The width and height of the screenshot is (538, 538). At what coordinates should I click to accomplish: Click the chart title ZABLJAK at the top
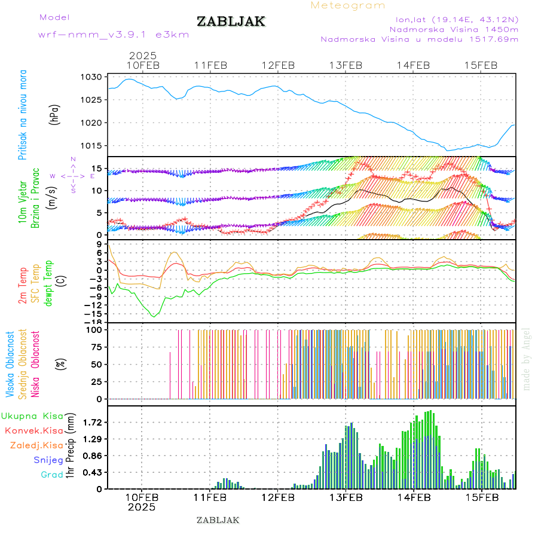pos(231,22)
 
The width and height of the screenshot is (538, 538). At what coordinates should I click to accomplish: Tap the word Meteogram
pos(348,5)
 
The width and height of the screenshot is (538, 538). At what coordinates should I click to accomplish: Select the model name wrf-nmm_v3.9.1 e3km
pos(114,35)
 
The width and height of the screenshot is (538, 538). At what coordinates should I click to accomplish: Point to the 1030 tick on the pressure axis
pos(91,77)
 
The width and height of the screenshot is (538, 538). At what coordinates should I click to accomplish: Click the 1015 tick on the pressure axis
pos(91,145)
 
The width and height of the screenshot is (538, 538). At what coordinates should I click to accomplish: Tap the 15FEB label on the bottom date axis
pos(481,496)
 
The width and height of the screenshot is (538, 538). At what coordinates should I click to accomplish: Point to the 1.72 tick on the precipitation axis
pos(93,422)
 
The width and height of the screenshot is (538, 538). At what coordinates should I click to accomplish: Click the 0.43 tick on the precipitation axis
pos(93,472)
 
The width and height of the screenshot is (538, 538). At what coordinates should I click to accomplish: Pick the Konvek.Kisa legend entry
pos(33,430)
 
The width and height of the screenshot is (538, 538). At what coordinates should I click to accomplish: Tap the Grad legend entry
pos(52,475)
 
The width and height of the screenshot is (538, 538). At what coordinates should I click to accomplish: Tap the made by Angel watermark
pos(526,359)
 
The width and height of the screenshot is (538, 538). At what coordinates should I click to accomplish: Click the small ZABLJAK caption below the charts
pos(218,520)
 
